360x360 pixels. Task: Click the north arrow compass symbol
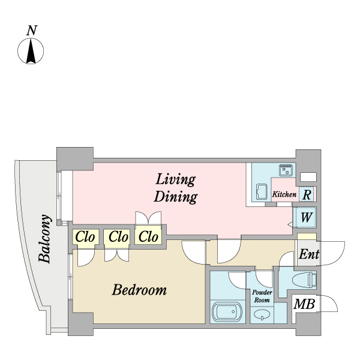tap(31, 51)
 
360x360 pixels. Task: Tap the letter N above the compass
tap(32, 31)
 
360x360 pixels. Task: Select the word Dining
tap(176, 197)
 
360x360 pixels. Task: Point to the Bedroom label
tap(139, 290)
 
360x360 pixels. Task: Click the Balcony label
tap(45, 239)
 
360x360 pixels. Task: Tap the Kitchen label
tap(284, 194)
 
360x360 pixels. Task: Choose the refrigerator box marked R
tap(307, 194)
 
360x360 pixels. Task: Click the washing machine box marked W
tap(306, 217)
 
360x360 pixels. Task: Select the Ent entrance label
tap(309, 254)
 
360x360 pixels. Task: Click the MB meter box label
tap(304, 304)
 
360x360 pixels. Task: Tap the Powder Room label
tap(262, 296)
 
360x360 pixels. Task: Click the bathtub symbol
tap(227, 312)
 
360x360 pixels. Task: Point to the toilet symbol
tap(304, 280)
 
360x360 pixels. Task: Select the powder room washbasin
tap(262, 314)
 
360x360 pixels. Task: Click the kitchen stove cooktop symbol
tap(287, 170)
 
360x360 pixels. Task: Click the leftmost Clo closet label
tap(85, 237)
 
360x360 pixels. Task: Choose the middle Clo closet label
tap(118, 237)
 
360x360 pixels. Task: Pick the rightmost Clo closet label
tap(148, 237)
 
